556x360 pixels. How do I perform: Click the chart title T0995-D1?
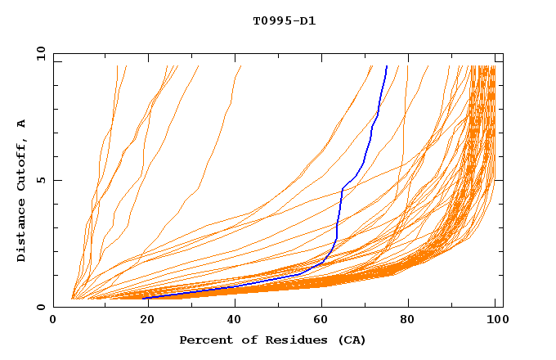[x=285, y=21]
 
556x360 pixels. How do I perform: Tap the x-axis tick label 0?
[x=54, y=321]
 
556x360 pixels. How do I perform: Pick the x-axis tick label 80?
[x=406, y=321]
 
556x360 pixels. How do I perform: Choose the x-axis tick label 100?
[x=495, y=321]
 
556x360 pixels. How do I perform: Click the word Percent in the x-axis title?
[x=203, y=340]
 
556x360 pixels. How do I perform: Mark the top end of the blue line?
[x=387, y=66]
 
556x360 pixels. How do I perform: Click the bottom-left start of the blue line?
[x=144, y=299]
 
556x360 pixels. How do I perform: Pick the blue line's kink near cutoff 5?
[x=342, y=190]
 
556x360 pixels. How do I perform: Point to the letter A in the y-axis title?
[x=22, y=124]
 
